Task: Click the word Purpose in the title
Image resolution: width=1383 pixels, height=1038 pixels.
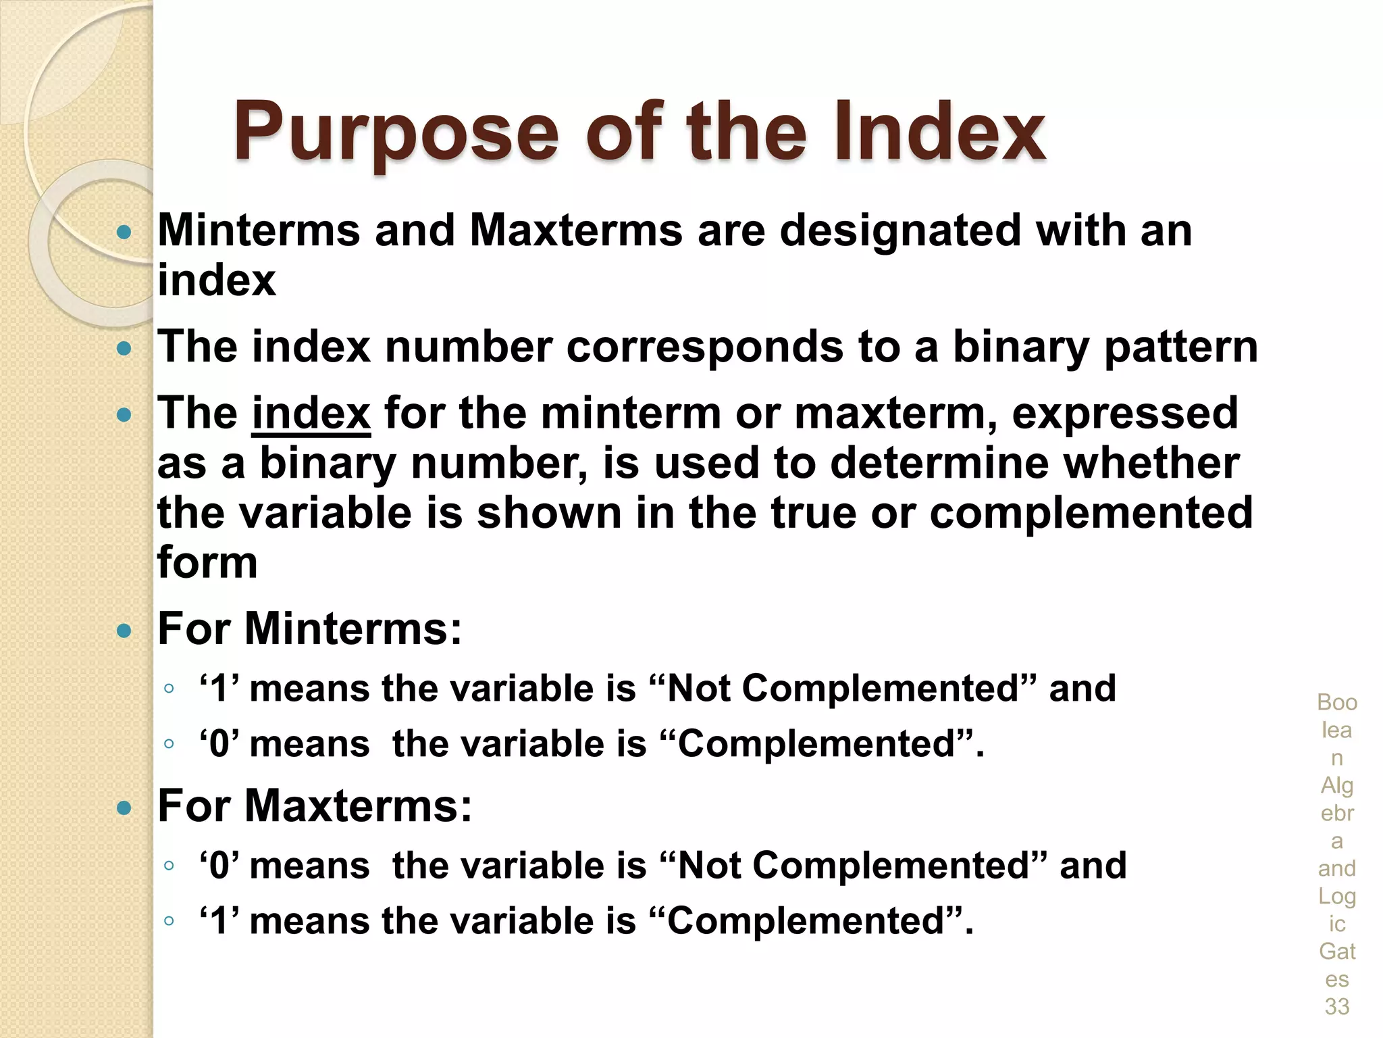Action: click(x=396, y=133)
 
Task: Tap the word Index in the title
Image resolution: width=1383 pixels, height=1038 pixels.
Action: click(x=939, y=132)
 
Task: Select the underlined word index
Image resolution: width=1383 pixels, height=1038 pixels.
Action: click(x=311, y=414)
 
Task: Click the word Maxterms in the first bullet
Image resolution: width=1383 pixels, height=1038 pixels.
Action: click(x=576, y=231)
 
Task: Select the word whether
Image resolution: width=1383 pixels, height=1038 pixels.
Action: click(x=1151, y=464)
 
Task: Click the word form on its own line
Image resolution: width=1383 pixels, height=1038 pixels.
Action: click(x=207, y=562)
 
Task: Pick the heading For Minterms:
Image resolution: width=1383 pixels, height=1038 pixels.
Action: click(x=309, y=629)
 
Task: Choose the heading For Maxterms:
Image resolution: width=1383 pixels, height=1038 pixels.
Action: click(x=315, y=806)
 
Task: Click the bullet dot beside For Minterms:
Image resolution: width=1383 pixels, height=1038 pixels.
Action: click(x=124, y=631)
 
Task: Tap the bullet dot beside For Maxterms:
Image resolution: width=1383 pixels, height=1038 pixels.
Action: click(x=124, y=808)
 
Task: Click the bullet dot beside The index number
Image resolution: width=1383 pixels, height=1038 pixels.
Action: click(x=124, y=349)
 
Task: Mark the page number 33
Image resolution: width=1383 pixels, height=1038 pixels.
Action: click(x=1337, y=1007)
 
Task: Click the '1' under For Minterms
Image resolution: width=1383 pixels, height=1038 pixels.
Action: click(x=219, y=689)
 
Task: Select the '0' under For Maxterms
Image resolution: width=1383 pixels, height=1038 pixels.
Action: click(x=219, y=866)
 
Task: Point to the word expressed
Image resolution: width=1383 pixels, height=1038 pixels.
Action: click(x=1125, y=414)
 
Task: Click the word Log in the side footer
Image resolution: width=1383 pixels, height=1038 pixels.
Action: click(x=1337, y=897)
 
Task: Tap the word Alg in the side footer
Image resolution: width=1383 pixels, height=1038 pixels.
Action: click(x=1337, y=786)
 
